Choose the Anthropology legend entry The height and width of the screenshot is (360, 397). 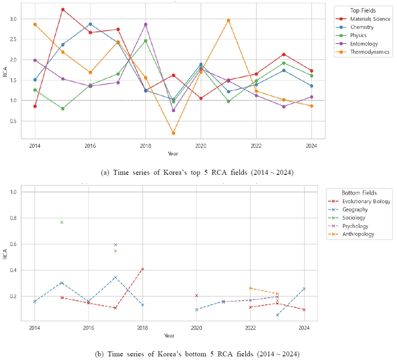tap(358, 234)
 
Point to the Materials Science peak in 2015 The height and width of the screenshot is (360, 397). tap(63, 9)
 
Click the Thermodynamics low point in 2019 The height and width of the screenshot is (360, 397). tap(173, 133)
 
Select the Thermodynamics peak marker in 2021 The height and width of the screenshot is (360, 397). tap(228, 20)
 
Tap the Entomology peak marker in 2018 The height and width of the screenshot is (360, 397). tap(146, 24)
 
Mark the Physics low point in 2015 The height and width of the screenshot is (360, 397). tap(63, 109)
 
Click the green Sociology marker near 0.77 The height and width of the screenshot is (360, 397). tap(62, 222)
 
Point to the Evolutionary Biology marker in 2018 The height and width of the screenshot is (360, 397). tap(143, 269)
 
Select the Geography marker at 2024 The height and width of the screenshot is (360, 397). tap(304, 289)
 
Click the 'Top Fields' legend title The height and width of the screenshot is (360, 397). tap(363, 10)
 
